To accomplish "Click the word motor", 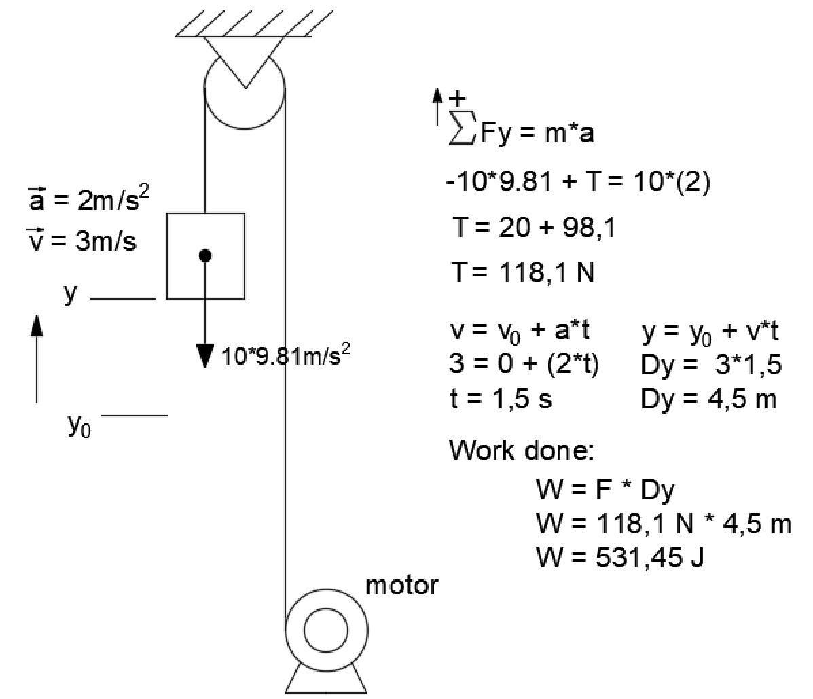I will tap(402, 585).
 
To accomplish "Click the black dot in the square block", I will tap(206, 255).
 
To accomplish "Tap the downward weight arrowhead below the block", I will tap(205, 355).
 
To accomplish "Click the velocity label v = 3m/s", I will tap(81, 240).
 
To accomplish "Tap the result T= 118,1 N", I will tap(522, 273).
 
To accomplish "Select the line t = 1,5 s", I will tap(500, 399).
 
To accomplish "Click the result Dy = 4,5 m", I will tap(708, 399).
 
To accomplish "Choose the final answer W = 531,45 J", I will tap(619, 558).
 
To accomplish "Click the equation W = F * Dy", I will tap(605, 489).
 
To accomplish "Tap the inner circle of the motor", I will tap(326, 630).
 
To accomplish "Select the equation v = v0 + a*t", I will tap(520, 331).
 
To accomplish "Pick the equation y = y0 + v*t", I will tap(710, 331).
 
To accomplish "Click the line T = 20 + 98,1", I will tap(534, 228).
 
